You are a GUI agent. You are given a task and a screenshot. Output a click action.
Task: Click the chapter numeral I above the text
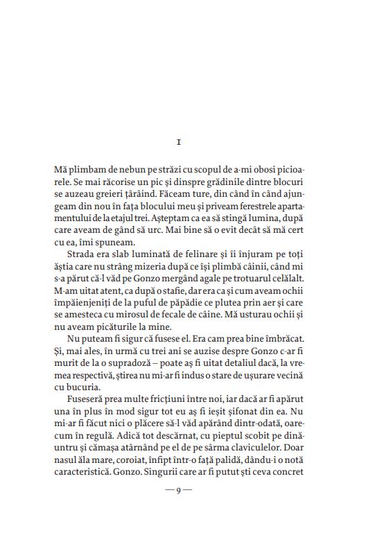(179, 143)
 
